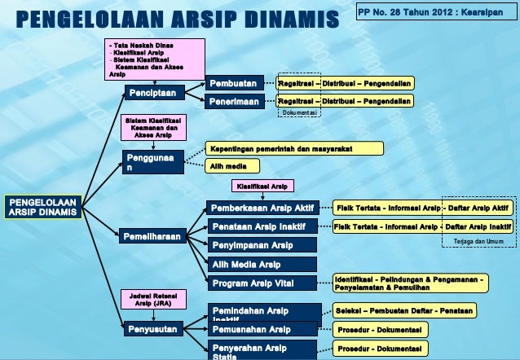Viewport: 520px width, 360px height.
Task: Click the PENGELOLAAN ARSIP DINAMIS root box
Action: pos(43,206)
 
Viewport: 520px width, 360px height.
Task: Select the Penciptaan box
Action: pos(152,93)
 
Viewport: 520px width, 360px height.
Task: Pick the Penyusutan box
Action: pos(152,330)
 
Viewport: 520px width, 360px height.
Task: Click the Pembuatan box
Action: pos(235,83)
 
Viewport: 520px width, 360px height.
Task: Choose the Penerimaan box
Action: pos(235,102)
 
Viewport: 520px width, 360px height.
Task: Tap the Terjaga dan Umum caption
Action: pos(478,242)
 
